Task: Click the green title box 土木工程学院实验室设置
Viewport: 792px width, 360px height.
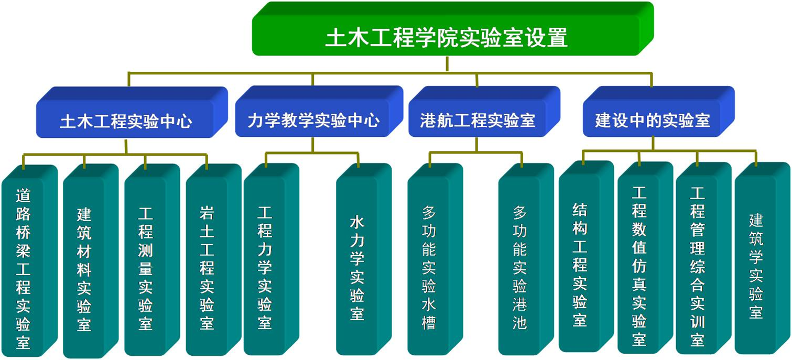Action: click(x=452, y=29)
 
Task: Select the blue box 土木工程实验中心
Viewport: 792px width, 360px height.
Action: click(x=132, y=113)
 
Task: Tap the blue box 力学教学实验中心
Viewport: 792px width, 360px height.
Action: click(x=319, y=112)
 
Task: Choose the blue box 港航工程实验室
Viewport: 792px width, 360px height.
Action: click(x=484, y=112)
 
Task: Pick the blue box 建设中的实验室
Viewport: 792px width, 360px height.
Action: click(x=659, y=112)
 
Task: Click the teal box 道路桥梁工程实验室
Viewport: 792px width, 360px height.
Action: click(x=30, y=261)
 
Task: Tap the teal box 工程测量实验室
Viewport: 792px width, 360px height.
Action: click(x=153, y=260)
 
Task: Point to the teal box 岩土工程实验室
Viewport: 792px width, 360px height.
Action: click(x=214, y=260)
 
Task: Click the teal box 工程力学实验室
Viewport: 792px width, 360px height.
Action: click(x=272, y=259)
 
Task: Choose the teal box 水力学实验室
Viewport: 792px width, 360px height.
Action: click(x=364, y=259)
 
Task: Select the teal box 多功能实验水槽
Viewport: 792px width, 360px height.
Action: click(x=435, y=259)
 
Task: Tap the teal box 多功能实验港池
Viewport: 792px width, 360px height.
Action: click(x=526, y=259)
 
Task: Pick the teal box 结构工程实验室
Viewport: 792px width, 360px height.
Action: click(x=586, y=257)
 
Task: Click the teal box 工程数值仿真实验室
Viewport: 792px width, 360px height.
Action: click(x=645, y=258)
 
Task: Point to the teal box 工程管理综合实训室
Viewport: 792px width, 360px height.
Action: click(x=703, y=258)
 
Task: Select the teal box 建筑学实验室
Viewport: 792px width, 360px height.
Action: click(x=763, y=258)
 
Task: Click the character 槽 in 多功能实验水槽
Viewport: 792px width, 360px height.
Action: click(x=429, y=323)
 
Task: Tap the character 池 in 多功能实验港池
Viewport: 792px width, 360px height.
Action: click(x=519, y=323)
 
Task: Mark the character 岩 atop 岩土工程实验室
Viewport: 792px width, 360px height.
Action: click(x=207, y=213)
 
